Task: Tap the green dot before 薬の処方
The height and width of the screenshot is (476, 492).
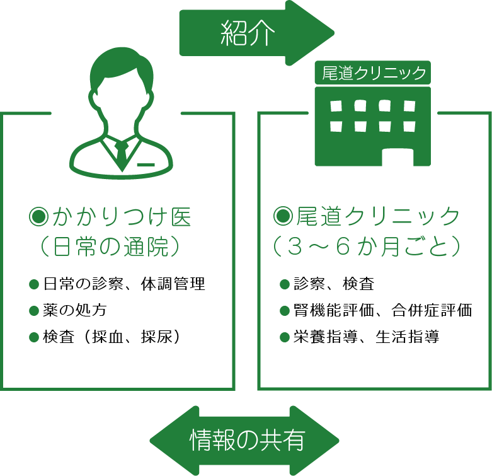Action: pos(34,310)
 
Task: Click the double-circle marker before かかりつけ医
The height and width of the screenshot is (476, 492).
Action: pos(39,218)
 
